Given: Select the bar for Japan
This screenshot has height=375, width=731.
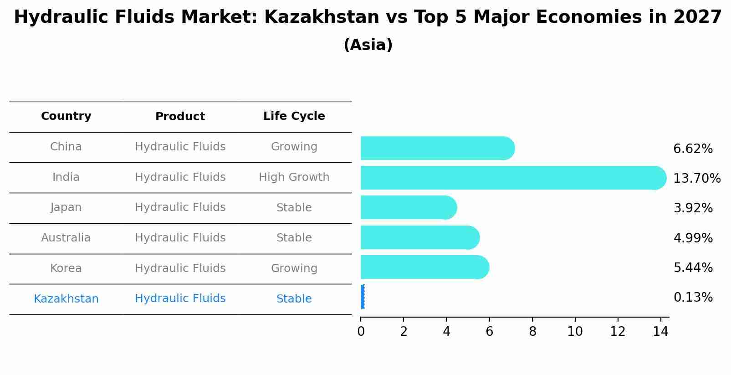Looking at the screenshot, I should click(x=408, y=207).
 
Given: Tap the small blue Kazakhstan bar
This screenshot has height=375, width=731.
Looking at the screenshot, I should click(x=363, y=297).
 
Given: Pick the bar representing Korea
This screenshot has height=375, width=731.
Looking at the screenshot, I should click(x=424, y=267).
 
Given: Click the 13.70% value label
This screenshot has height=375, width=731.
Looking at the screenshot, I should click(x=696, y=179).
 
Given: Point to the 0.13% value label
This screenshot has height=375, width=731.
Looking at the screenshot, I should click(x=693, y=298).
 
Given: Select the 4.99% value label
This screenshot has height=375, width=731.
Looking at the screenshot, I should click(x=693, y=238).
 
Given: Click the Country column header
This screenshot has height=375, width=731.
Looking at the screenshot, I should click(x=66, y=116).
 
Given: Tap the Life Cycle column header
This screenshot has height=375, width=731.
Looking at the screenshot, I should click(x=294, y=116).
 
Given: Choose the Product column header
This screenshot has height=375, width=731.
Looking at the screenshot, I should click(x=180, y=117).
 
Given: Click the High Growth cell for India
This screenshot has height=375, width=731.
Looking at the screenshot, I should click(x=294, y=177).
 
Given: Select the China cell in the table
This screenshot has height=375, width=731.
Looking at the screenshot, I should click(x=66, y=147).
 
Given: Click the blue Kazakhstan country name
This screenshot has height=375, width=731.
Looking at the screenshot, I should click(x=66, y=299).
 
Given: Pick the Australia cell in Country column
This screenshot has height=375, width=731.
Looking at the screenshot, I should click(x=66, y=238).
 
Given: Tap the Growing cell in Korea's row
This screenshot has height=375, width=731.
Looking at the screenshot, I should click(x=294, y=268).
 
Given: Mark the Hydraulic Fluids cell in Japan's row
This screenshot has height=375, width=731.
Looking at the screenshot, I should click(x=180, y=207).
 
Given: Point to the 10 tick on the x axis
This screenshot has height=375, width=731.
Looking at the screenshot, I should click(x=575, y=332).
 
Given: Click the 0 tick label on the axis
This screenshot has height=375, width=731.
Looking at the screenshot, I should click(x=361, y=332).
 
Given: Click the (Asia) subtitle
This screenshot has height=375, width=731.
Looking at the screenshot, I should click(x=368, y=45).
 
